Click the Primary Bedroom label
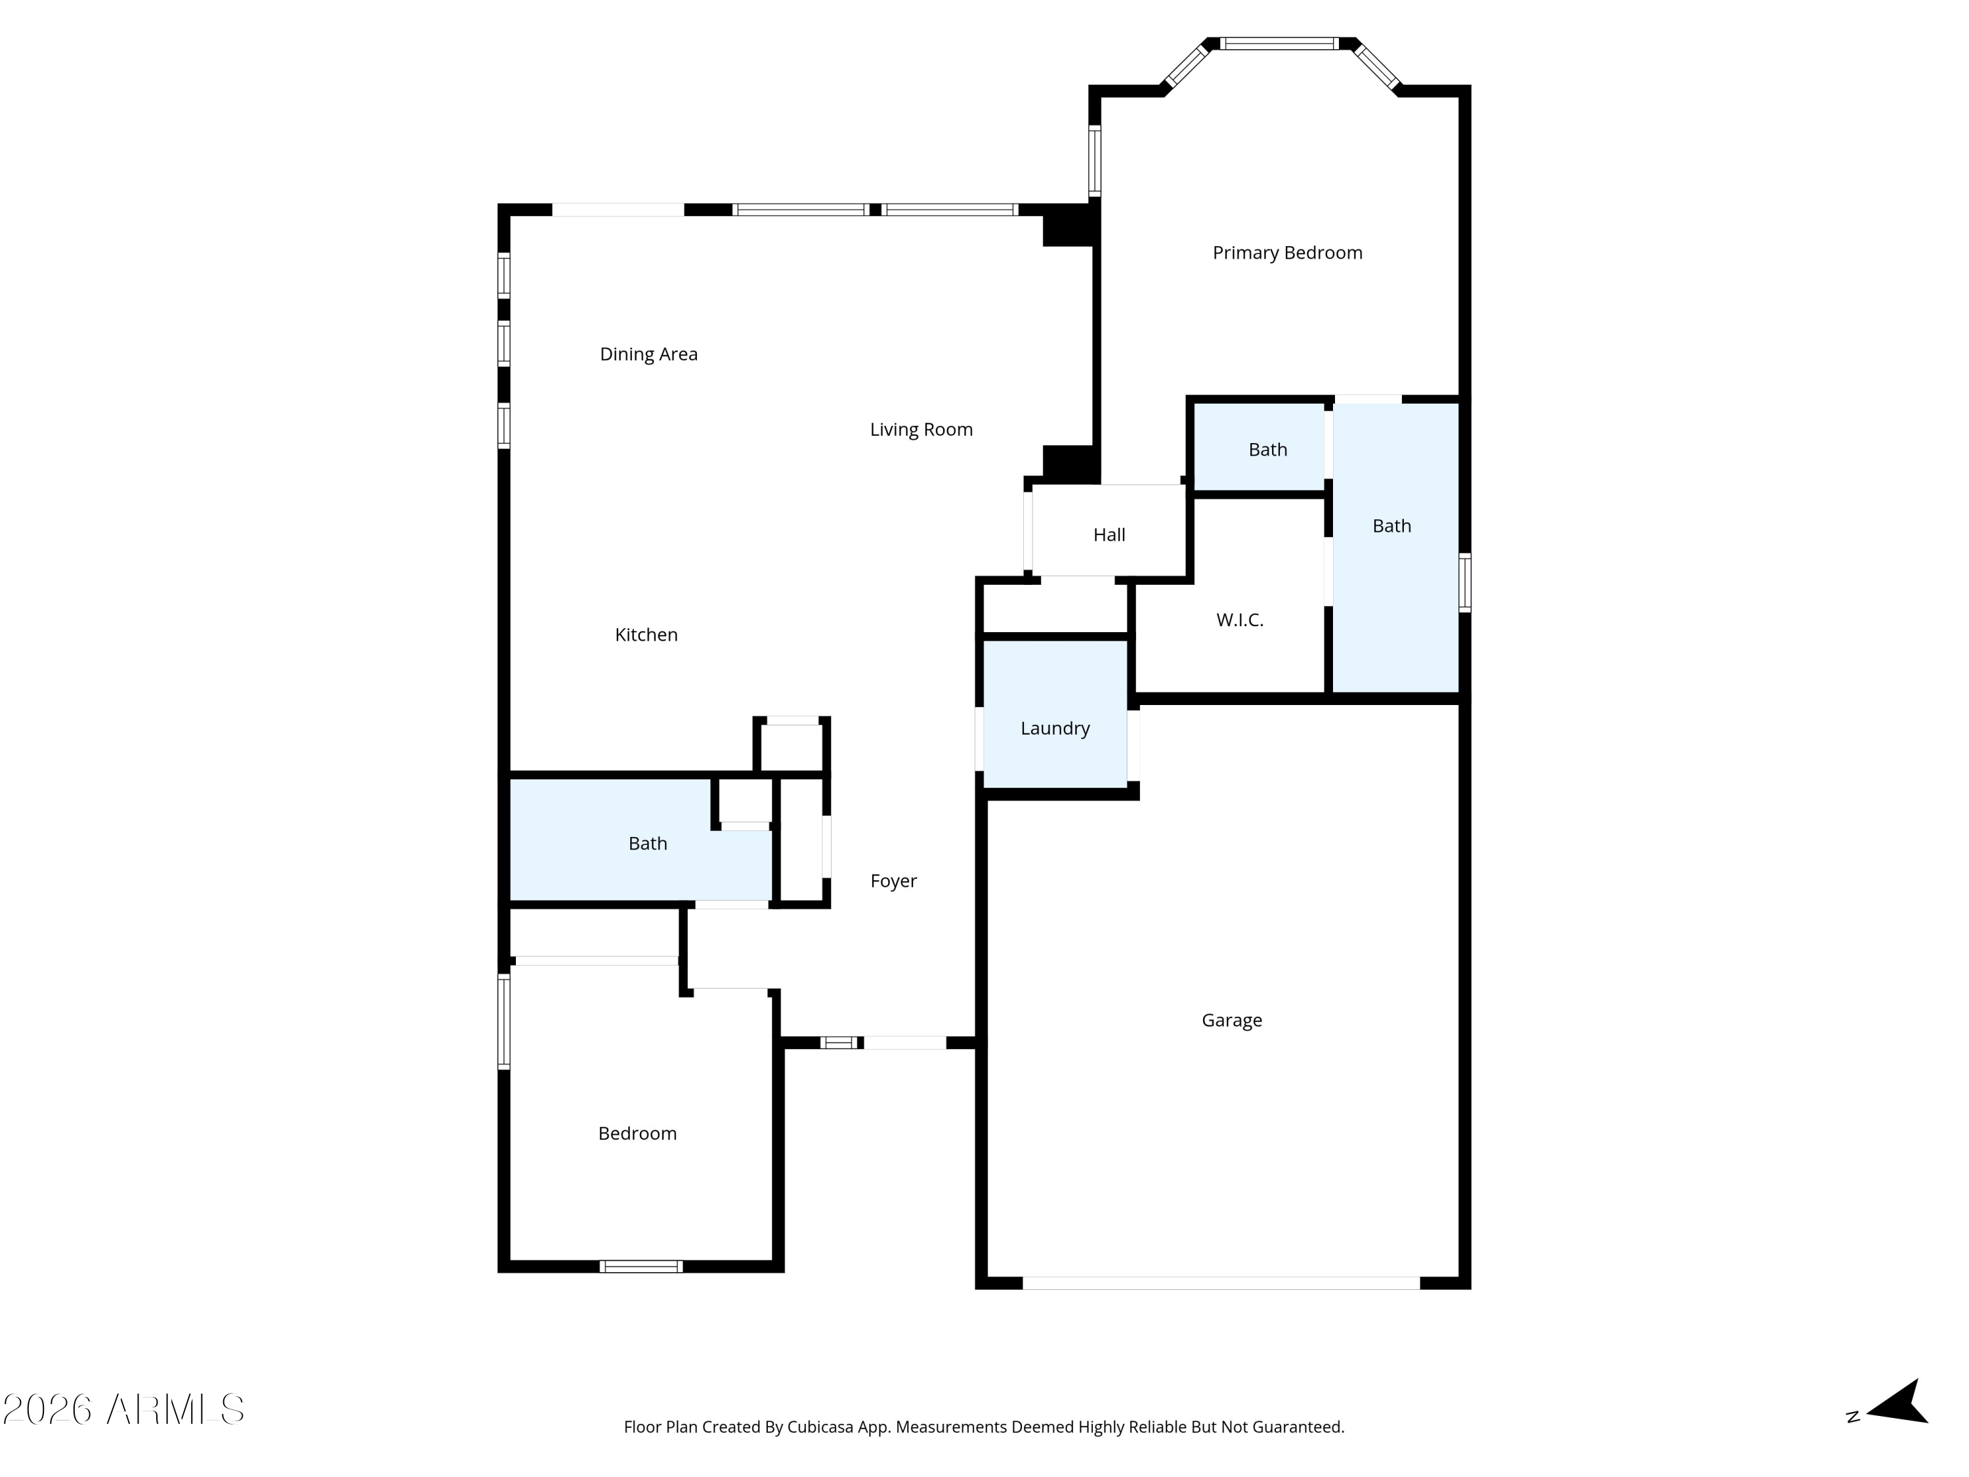pyautogui.click(x=1287, y=253)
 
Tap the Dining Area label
pyautogui.click(x=649, y=354)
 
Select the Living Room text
pyautogui.click(x=921, y=430)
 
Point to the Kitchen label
pyautogui.click(x=646, y=635)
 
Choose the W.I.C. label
pyautogui.click(x=1240, y=620)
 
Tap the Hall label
pyautogui.click(x=1109, y=535)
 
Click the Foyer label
pyautogui.click(x=894, y=882)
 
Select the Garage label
pyautogui.click(x=1232, y=1020)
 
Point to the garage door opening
pyautogui.click(x=1221, y=1283)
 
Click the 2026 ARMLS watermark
pyautogui.click(x=124, y=1409)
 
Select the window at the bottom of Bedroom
pyautogui.click(x=641, y=1266)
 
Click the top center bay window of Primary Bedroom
pyautogui.click(x=1279, y=43)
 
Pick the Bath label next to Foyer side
pyautogui.click(x=648, y=844)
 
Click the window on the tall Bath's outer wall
pyautogui.click(x=1464, y=582)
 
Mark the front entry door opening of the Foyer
pyautogui.click(x=905, y=1042)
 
